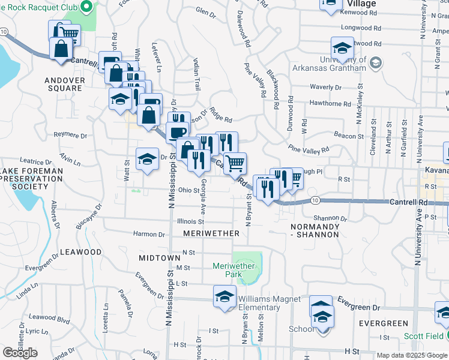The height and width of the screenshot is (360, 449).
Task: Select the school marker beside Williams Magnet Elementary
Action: click(x=224, y=296)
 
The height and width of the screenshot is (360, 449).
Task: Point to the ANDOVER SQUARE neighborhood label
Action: click(x=63, y=83)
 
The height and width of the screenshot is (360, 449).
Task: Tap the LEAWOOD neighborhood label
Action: click(x=81, y=252)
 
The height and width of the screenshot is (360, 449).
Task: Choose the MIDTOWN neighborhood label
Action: click(x=159, y=257)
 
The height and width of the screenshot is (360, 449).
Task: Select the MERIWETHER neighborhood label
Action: click(x=207, y=233)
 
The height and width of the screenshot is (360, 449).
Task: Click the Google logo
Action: click(x=20, y=352)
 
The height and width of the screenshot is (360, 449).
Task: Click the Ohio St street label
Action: click(x=188, y=191)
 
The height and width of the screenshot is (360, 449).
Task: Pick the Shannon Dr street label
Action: click(x=330, y=218)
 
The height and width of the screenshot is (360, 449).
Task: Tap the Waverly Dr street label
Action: click(x=325, y=87)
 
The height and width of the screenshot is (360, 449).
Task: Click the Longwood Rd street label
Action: click(x=361, y=28)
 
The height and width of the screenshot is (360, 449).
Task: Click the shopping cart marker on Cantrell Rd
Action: click(x=235, y=163)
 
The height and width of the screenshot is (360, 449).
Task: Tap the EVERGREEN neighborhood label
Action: click(x=383, y=323)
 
